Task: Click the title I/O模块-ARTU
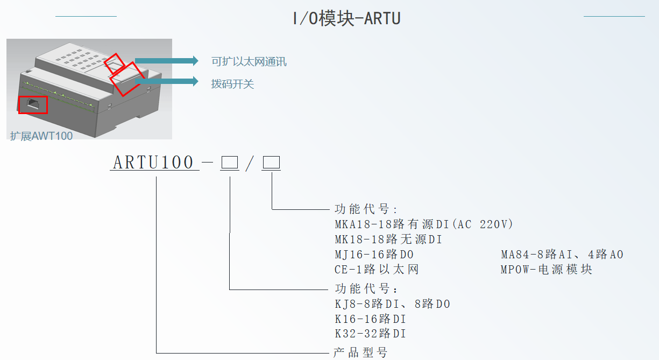point(346,18)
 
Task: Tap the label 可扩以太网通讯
point(249,61)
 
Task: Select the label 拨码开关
point(232,84)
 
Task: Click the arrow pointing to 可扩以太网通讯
point(167,61)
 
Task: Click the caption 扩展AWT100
point(41,136)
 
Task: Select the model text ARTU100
point(153,162)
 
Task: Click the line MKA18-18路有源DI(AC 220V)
point(424,224)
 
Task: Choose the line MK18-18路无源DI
point(388,239)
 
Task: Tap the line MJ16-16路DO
point(374,255)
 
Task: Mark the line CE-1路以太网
point(377,270)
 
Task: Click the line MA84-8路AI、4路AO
point(562,255)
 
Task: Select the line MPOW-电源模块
point(547,270)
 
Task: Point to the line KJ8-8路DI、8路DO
point(393,304)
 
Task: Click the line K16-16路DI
point(371,319)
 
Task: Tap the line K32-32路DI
point(371,334)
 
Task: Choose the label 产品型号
point(360,352)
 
